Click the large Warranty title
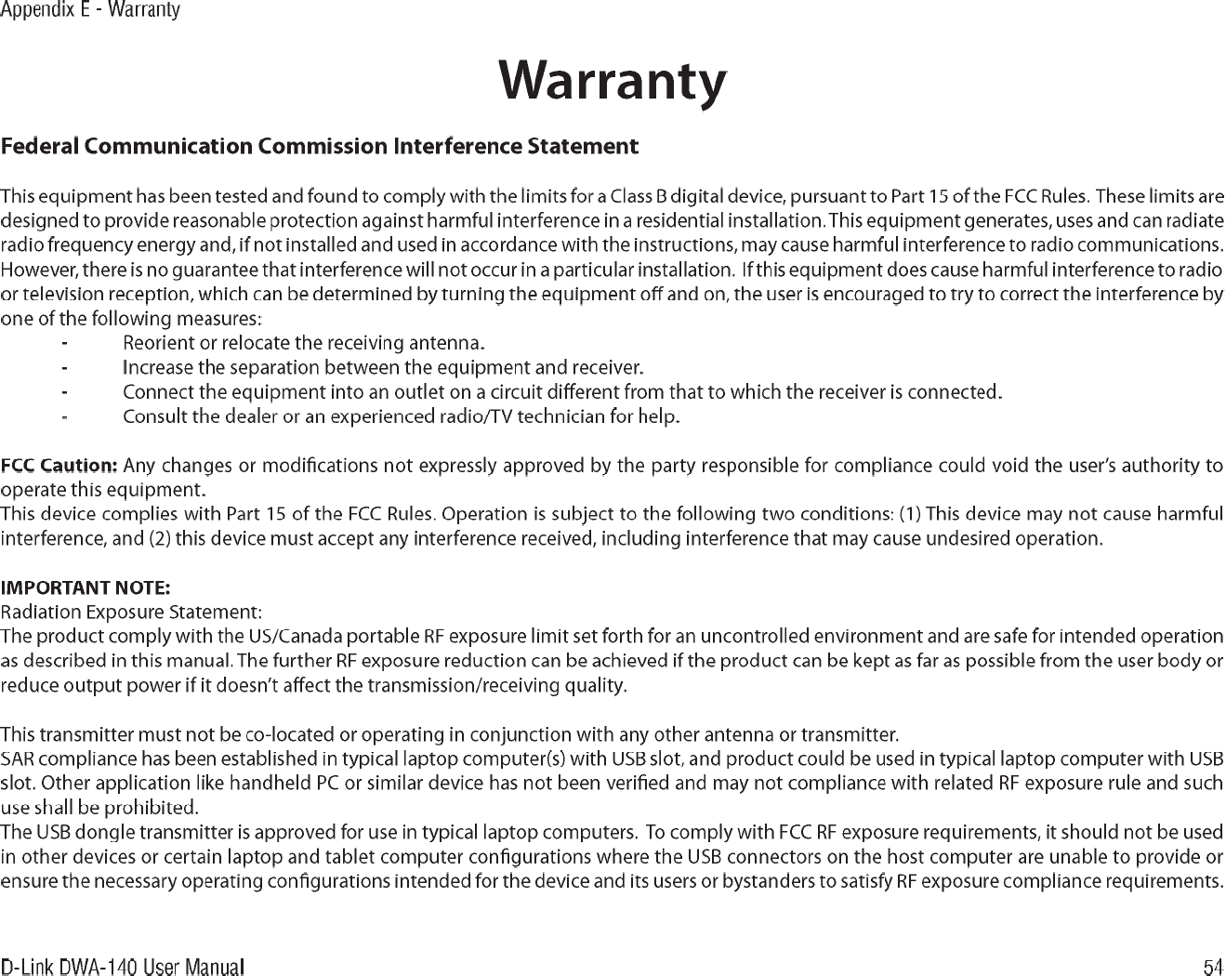tap(613, 82)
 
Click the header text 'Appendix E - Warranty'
tap(90, 10)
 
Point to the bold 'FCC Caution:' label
tap(59, 465)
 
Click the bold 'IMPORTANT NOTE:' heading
tap(86, 587)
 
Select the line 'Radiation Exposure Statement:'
tap(131, 613)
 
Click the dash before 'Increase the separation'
tap(64, 366)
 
